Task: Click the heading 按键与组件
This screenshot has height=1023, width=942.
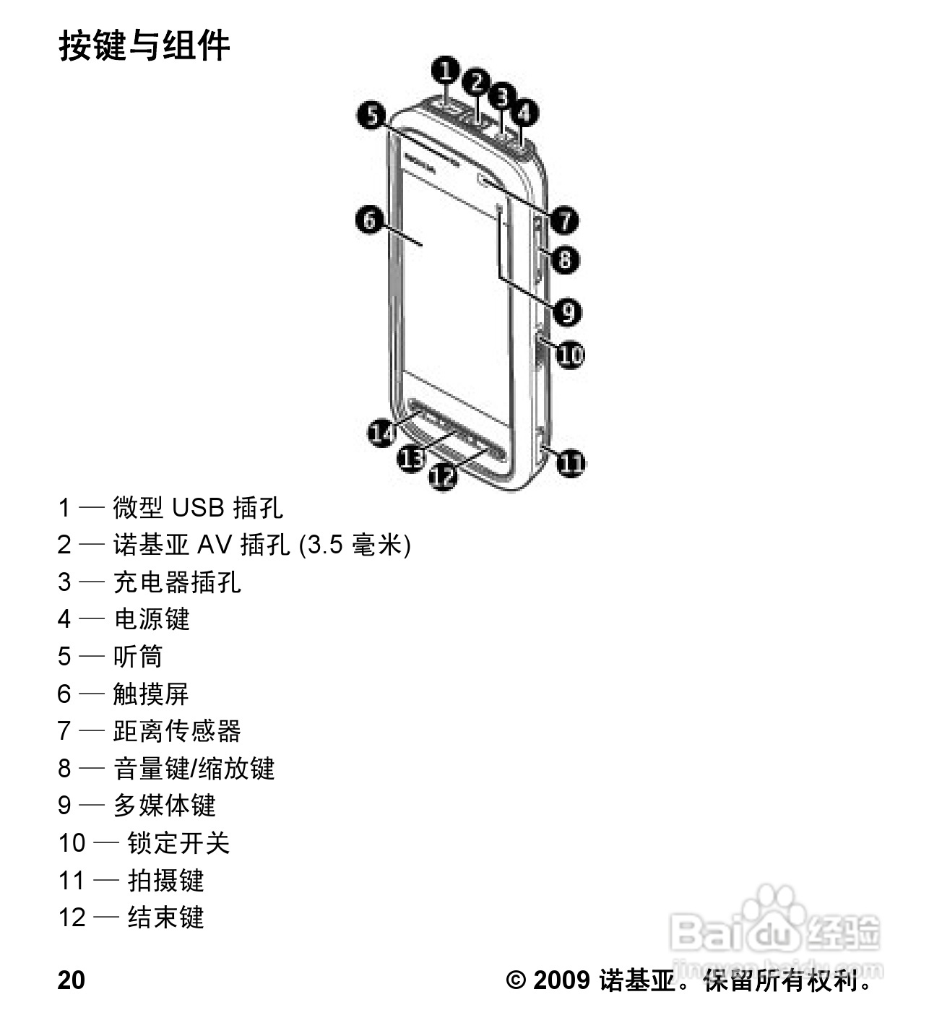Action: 144,46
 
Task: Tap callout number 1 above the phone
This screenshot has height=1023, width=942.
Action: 446,71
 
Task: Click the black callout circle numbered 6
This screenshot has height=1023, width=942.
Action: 370,219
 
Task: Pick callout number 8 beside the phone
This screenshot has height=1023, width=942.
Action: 565,259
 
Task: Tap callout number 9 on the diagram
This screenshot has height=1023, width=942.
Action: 567,311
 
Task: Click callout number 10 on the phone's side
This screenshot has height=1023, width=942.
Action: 569,355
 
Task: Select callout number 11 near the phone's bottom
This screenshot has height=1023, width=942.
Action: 571,462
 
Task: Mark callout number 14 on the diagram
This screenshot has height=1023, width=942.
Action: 381,432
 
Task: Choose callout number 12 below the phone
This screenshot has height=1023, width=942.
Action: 443,475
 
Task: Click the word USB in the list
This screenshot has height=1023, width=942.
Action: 198,508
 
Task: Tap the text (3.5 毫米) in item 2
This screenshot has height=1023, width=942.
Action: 355,545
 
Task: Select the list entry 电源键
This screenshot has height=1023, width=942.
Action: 152,619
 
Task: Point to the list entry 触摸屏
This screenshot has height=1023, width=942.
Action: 152,694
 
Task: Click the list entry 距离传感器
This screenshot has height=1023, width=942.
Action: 177,731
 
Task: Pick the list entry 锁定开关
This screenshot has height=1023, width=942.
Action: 178,843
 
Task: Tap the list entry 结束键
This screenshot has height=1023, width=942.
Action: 165,918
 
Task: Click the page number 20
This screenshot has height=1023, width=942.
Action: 72,980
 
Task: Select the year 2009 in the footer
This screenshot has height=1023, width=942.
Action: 561,980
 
